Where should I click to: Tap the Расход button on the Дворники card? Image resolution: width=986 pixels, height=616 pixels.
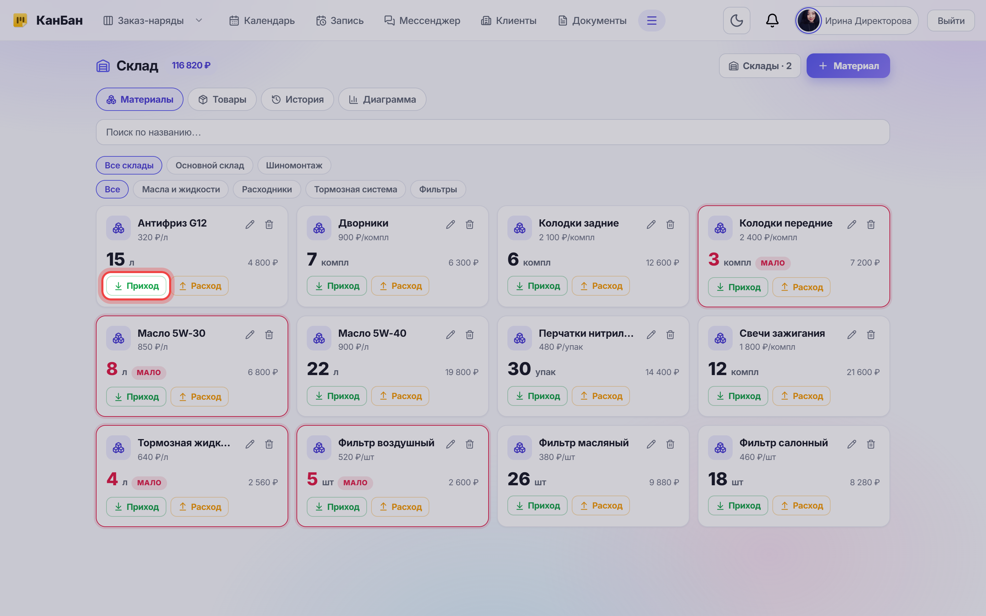[x=400, y=286]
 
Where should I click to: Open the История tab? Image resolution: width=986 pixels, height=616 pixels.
[x=298, y=99]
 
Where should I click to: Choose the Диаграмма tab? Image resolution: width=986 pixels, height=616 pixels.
[x=382, y=99]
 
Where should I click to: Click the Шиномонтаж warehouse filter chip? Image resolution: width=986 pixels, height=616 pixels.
[x=294, y=165]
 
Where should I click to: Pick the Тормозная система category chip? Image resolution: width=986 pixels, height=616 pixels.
[x=355, y=190]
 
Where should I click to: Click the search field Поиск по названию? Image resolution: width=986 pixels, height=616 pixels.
[x=493, y=132]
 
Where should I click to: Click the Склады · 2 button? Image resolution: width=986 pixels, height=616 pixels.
[x=760, y=66]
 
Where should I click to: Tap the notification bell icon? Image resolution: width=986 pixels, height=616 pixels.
[x=772, y=21]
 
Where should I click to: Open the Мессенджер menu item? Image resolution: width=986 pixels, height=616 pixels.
[x=422, y=21]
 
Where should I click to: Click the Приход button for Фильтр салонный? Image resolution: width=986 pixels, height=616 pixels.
[x=738, y=505]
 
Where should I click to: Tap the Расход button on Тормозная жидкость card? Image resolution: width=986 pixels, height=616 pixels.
[x=200, y=507]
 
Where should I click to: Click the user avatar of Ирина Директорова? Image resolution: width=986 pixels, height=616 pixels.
[x=808, y=21]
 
